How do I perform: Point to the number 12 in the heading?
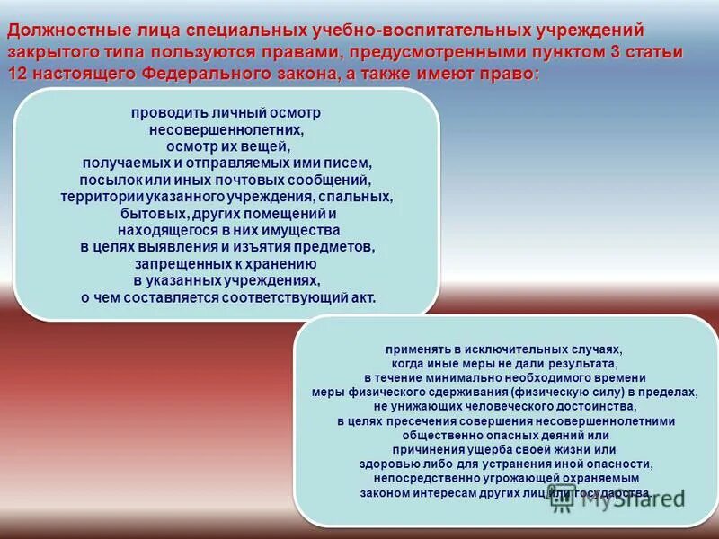[x=18, y=75]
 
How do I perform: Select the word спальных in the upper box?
[x=360, y=197]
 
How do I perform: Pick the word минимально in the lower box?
[x=458, y=378]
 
